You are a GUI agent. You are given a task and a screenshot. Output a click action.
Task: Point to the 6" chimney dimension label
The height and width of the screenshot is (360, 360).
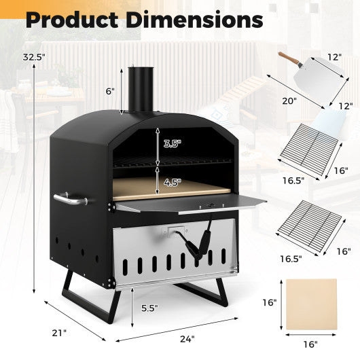110,90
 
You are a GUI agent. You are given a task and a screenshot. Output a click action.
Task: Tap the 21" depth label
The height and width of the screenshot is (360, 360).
59,333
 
